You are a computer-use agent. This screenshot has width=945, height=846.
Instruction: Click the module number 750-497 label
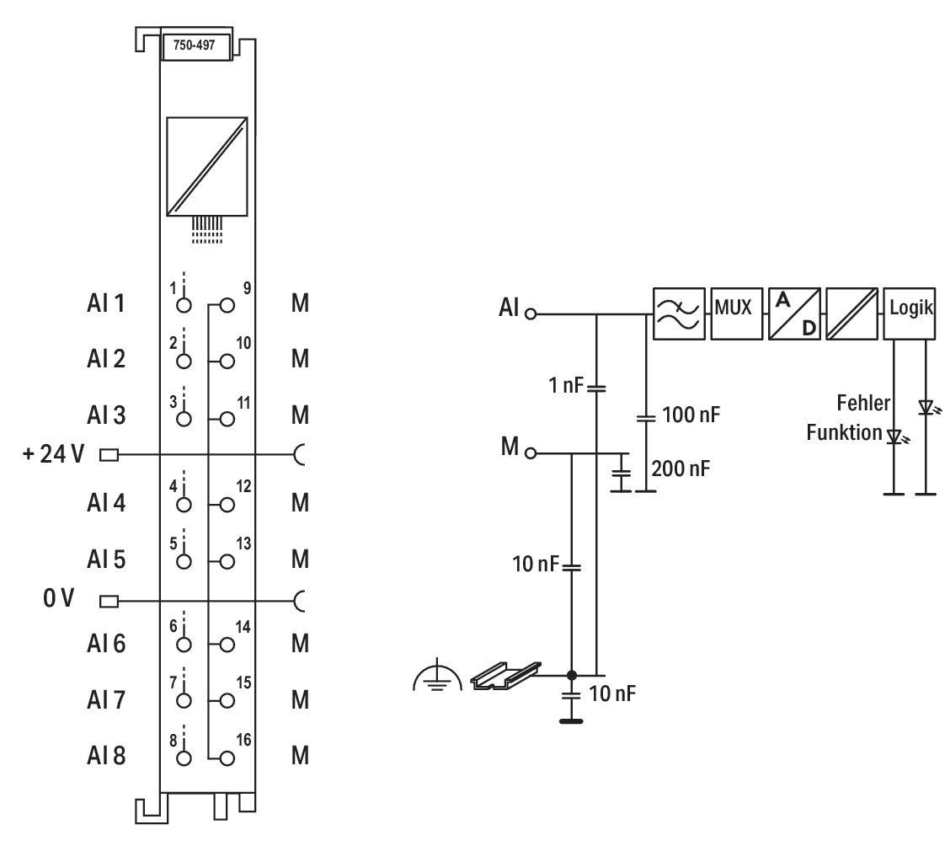194,46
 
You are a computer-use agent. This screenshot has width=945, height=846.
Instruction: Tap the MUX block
736,313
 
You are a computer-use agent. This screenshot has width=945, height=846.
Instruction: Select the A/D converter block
794,313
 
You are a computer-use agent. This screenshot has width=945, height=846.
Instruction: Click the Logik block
910,313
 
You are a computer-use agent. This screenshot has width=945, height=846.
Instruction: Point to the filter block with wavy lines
679,313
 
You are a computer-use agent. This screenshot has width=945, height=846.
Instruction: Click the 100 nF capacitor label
691,415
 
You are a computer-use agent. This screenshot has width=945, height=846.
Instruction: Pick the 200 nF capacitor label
681,469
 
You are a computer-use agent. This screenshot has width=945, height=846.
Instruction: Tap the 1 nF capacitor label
566,385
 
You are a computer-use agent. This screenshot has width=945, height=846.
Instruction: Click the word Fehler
863,403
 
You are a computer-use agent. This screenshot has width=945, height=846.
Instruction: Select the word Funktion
845,432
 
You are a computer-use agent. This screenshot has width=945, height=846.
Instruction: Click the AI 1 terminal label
106,303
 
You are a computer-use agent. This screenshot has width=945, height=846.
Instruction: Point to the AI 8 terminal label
106,756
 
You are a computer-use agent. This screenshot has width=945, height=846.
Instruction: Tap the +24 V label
53,453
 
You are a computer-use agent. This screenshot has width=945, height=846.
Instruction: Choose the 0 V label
58,598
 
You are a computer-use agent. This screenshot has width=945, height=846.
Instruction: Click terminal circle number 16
227,758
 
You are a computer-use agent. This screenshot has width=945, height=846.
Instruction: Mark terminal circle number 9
227,305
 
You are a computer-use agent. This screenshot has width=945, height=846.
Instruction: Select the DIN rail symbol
505,675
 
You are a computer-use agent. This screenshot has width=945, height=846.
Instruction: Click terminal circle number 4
184,505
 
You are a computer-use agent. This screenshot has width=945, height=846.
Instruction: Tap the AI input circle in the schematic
531,313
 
